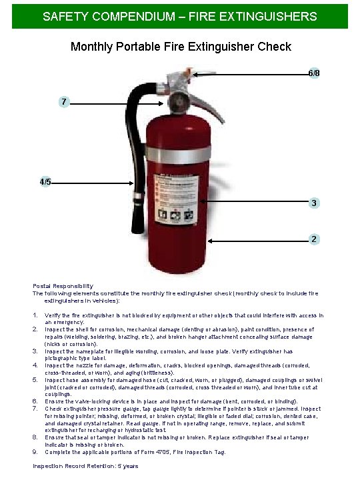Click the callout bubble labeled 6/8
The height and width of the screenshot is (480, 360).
coord(313,73)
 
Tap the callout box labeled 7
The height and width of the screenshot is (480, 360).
coord(63,102)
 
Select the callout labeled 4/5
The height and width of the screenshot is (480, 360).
coord(45,181)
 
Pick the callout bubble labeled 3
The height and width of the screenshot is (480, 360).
coord(313,203)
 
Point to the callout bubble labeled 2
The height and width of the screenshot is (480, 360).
coord(313,239)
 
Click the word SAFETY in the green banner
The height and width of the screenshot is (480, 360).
coord(61,16)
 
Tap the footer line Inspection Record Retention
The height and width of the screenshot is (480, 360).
coord(85,466)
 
